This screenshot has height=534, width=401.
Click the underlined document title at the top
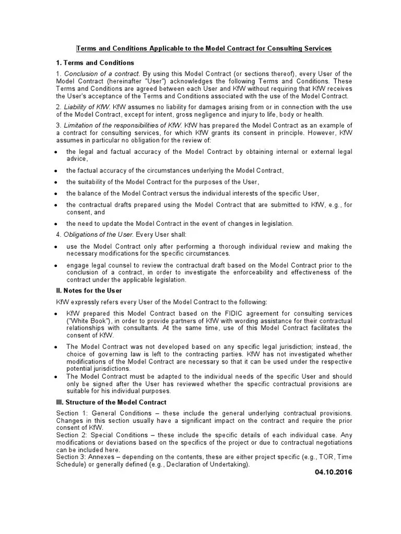[204, 48]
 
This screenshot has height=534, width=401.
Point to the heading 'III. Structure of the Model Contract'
[111, 402]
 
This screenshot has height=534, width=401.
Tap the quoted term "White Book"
[86, 321]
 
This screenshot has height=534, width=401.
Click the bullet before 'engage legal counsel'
[57, 265]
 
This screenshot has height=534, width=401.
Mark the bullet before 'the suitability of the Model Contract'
[57, 183]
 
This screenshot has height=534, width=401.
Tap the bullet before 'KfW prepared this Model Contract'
[57, 314]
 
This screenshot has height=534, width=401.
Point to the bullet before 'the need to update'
[57, 224]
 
